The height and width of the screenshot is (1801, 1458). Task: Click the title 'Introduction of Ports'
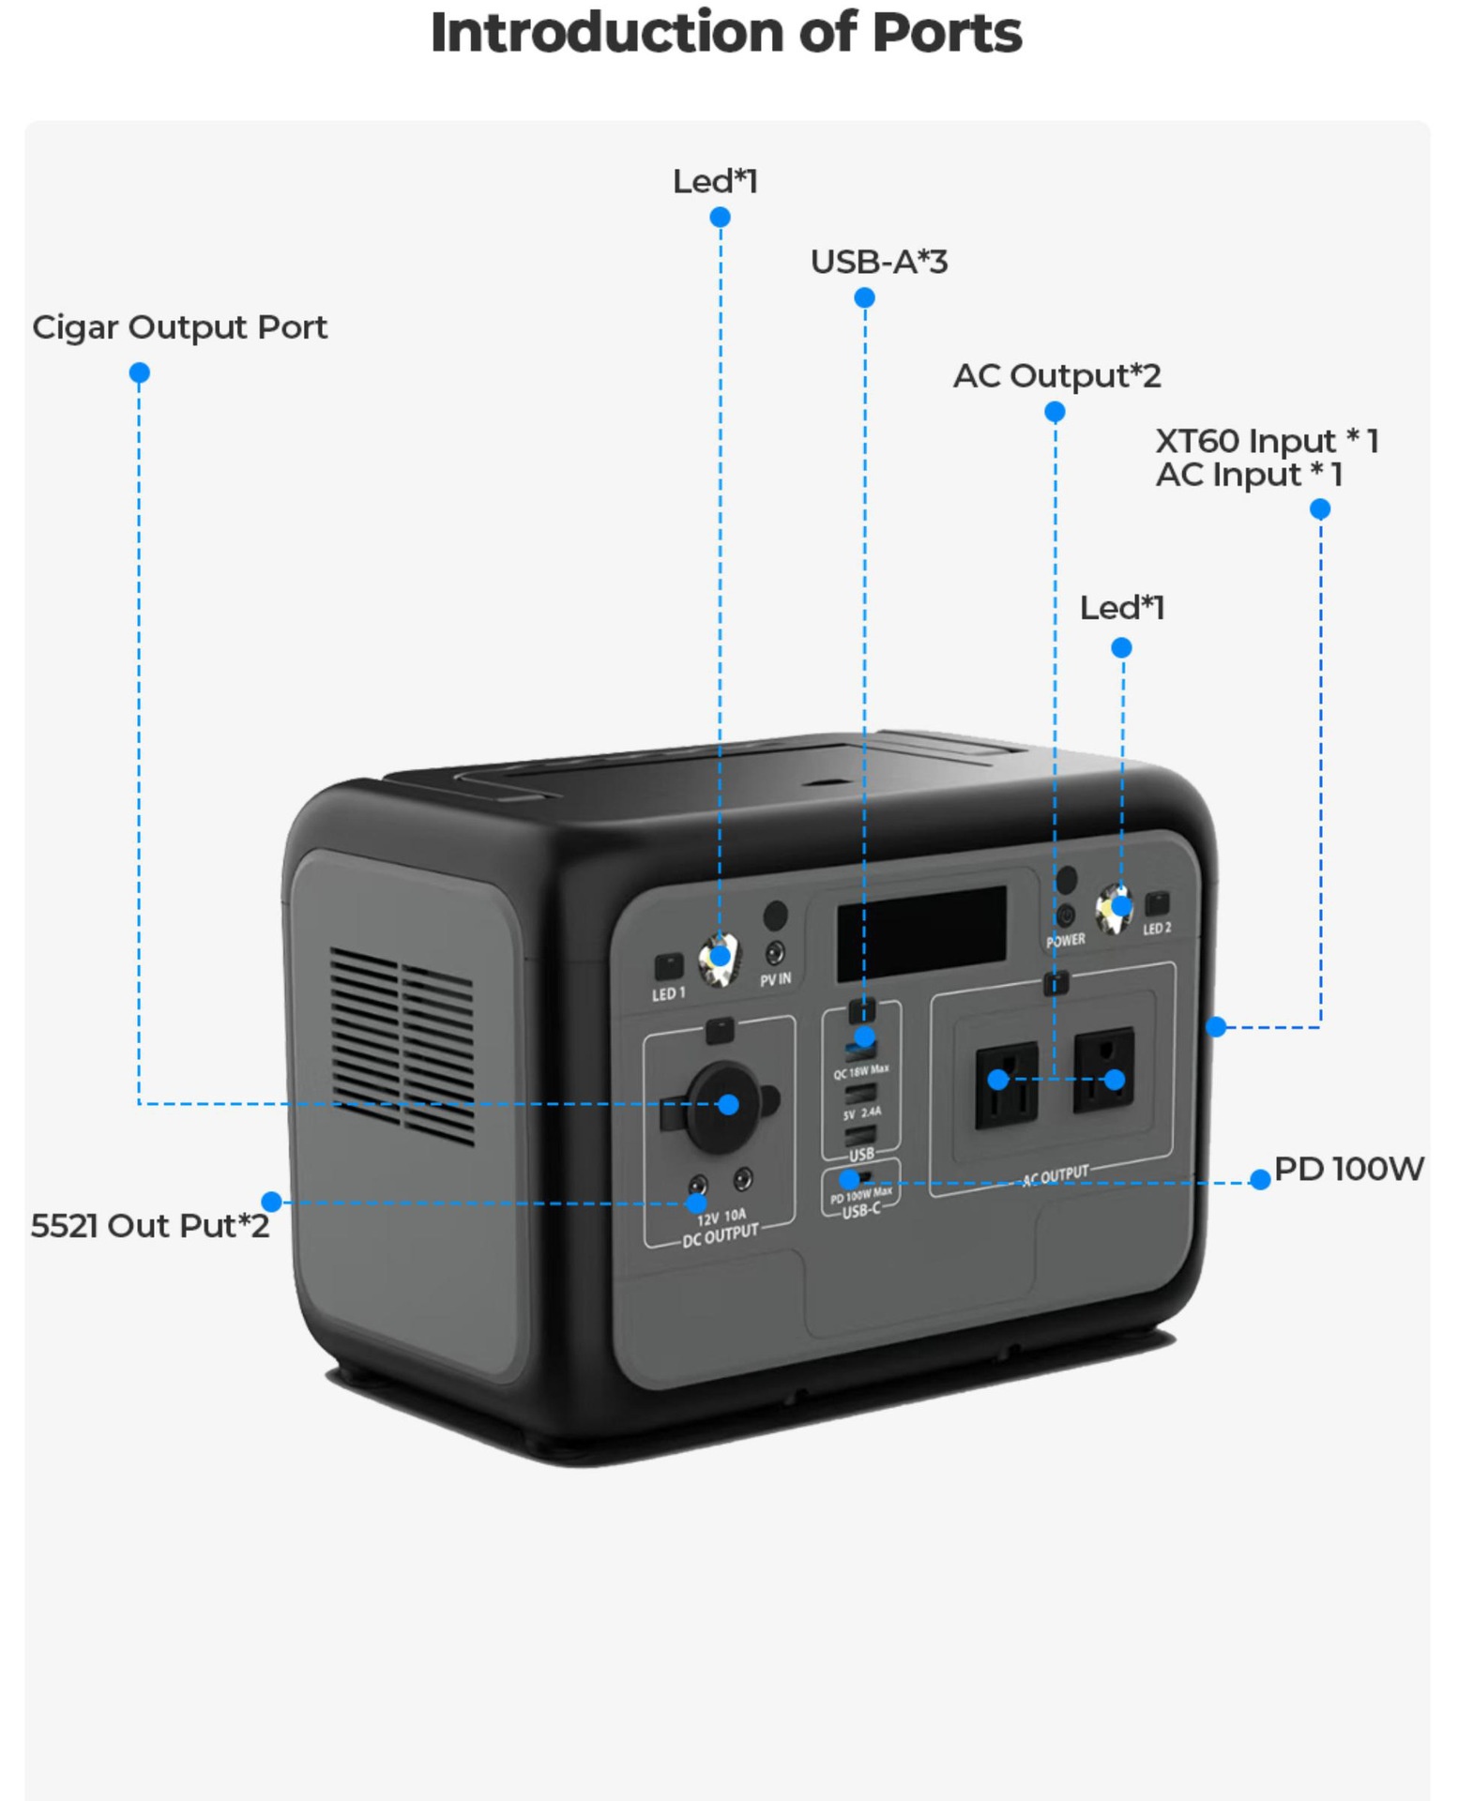point(726,34)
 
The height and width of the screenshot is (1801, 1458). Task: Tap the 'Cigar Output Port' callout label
point(179,327)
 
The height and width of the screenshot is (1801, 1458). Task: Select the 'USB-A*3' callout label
point(879,262)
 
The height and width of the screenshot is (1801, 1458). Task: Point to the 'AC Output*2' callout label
point(1056,376)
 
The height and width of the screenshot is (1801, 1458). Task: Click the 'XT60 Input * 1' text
point(1266,441)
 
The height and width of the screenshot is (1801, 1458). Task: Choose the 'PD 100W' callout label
point(1348,1169)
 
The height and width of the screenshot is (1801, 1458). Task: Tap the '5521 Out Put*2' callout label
point(150,1226)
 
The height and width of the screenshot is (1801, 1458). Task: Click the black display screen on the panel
point(921,933)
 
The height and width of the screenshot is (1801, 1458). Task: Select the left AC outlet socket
point(1006,1083)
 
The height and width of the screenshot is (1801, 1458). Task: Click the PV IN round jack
point(775,954)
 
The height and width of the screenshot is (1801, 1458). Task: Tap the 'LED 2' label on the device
point(1157,929)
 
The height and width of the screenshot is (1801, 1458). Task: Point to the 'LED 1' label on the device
point(669,993)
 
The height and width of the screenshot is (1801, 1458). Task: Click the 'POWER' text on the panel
point(1066,940)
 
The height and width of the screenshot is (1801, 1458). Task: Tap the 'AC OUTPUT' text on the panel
point(1056,1175)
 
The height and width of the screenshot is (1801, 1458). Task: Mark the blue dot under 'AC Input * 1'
point(1319,509)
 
